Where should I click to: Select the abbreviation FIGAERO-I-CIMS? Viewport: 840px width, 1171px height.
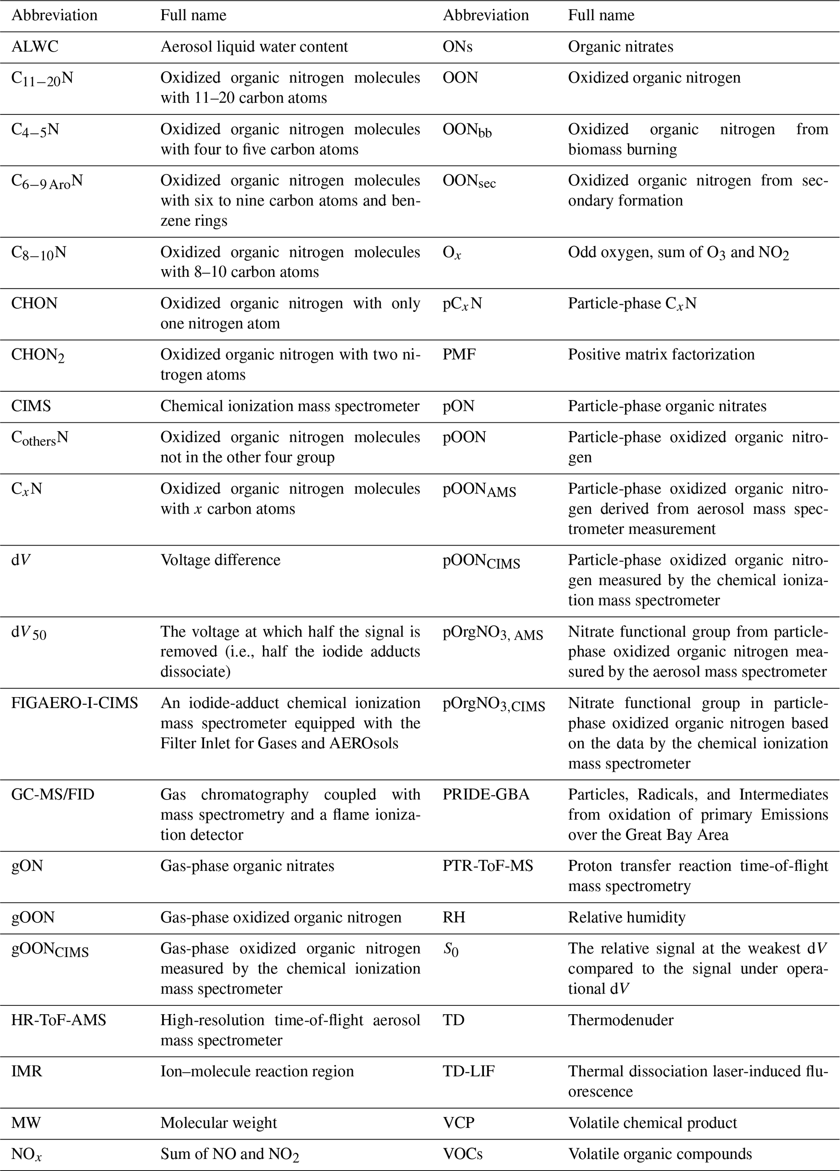74,703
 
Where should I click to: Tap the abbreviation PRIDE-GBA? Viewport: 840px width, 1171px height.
486,794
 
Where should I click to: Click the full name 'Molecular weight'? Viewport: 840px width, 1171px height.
219,1123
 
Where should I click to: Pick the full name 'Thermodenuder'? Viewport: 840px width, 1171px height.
621,1020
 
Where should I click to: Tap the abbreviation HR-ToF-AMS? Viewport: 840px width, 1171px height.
59,1020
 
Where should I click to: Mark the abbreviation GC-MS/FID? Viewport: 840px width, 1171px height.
53,794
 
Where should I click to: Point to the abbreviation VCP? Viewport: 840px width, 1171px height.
458,1123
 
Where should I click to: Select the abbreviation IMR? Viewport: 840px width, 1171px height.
26,1072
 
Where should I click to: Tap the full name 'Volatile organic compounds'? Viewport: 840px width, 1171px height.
660,1154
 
